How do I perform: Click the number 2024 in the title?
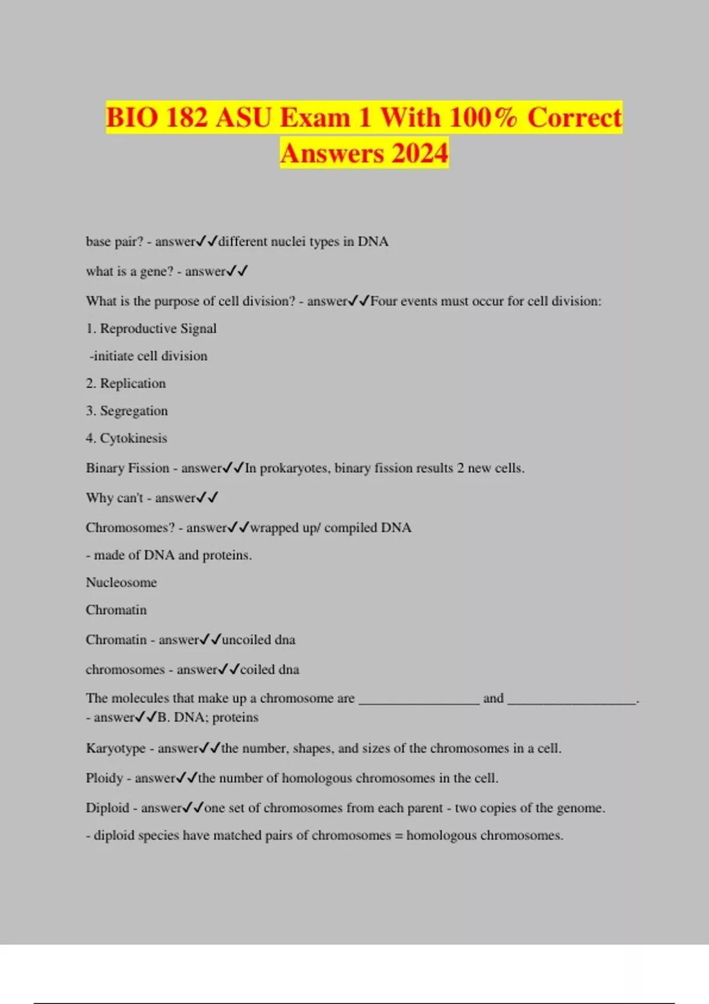point(419,154)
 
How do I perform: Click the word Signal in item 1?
point(199,328)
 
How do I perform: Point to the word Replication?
point(133,383)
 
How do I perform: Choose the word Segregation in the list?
point(134,411)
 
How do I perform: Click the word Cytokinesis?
point(134,438)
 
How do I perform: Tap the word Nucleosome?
point(121,582)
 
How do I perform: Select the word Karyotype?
point(115,748)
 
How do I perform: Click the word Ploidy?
point(104,778)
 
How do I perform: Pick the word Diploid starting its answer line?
point(107,808)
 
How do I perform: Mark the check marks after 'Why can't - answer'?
point(207,498)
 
